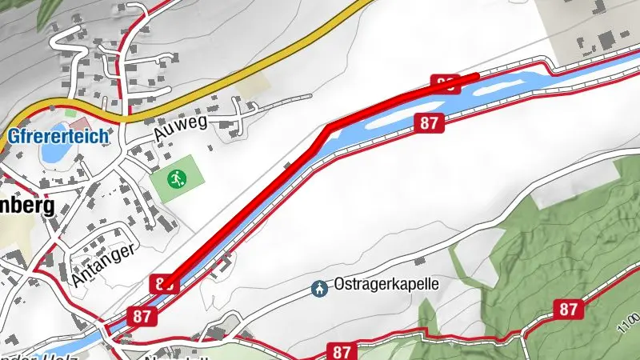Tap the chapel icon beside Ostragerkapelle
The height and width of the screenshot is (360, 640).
click(x=319, y=287)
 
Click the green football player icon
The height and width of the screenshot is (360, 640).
click(x=177, y=178)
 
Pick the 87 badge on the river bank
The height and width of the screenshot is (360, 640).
click(x=428, y=122)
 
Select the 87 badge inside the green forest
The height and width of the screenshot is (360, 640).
click(x=569, y=309)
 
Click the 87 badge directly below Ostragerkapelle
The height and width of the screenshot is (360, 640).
click(x=342, y=351)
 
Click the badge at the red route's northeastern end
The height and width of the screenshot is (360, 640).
click(x=446, y=82)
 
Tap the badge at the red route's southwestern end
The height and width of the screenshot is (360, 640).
click(x=163, y=282)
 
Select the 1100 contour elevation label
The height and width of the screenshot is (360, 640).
click(x=630, y=323)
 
